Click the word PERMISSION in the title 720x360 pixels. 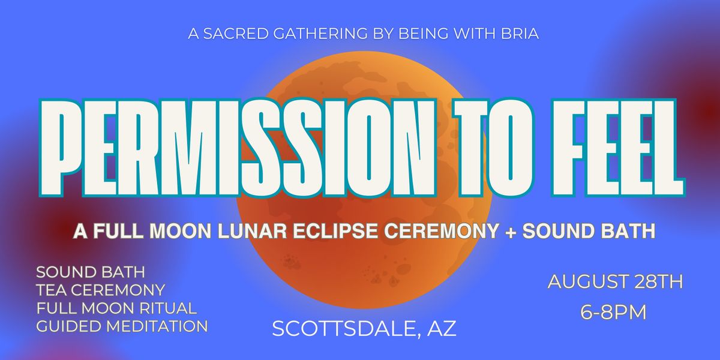click(x=238, y=147)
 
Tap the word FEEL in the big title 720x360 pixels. click(x=617, y=147)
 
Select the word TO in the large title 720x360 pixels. click(x=494, y=147)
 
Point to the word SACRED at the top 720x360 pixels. click(x=236, y=34)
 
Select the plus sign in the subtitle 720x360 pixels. click(x=511, y=232)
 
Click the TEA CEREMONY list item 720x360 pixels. click(x=101, y=290)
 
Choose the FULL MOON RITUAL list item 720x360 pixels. click(x=116, y=308)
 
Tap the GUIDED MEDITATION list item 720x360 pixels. click(x=122, y=326)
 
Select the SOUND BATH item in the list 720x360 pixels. click(x=91, y=272)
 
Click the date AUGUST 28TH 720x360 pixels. click(x=615, y=282)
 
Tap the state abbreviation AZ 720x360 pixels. click(x=442, y=329)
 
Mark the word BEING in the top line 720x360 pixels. click(x=423, y=34)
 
